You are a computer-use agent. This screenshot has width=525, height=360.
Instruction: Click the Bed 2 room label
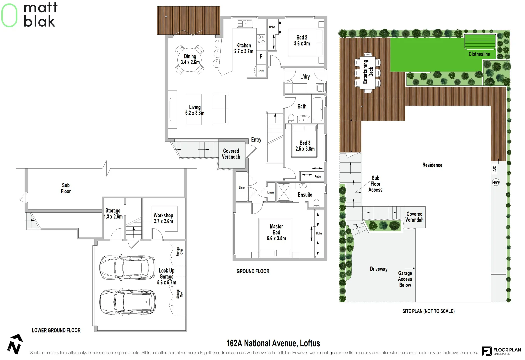click(x=302, y=40)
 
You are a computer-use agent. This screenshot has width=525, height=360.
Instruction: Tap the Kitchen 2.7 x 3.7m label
click(x=244, y=48)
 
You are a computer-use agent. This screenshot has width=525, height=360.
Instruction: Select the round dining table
click(x=190, y=60)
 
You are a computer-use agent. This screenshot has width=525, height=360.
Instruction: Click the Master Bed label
click(x=276, y=232)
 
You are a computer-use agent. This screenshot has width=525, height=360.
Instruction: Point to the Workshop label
click(x=163, y=218)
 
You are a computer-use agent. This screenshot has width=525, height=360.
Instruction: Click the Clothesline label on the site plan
click(x=479, y=54)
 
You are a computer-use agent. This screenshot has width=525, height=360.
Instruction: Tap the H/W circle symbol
click(x=496, y=182)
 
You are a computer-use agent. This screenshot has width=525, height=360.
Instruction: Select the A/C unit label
click(x=494, y=168)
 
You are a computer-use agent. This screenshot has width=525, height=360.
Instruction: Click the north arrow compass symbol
click(x=15, y=344)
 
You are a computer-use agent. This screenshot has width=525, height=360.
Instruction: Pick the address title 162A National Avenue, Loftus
click(x=273, y=343)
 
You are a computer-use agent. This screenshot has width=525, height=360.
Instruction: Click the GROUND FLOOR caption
click(x=253, y=271)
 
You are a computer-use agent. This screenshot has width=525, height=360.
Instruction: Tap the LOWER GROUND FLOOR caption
click(x=56, y=330)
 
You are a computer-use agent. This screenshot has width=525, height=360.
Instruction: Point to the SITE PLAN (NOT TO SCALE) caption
click(x=428, y=311)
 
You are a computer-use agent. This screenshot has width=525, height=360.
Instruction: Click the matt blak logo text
click(x=40, y=15)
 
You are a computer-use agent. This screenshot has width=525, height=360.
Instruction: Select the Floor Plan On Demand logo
click(x=501, y=351)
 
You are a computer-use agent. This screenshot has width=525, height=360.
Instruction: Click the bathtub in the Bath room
click(x=318, y=109)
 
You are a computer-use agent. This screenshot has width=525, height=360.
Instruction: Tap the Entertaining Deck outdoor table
click(x=368, y=72)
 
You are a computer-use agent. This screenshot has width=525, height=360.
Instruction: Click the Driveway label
click(x=379, y=269)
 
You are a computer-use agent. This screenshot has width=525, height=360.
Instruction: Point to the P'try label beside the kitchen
click(x=261, y=71)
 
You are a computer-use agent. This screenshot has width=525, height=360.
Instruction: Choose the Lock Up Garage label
click(x=167, y=276)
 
